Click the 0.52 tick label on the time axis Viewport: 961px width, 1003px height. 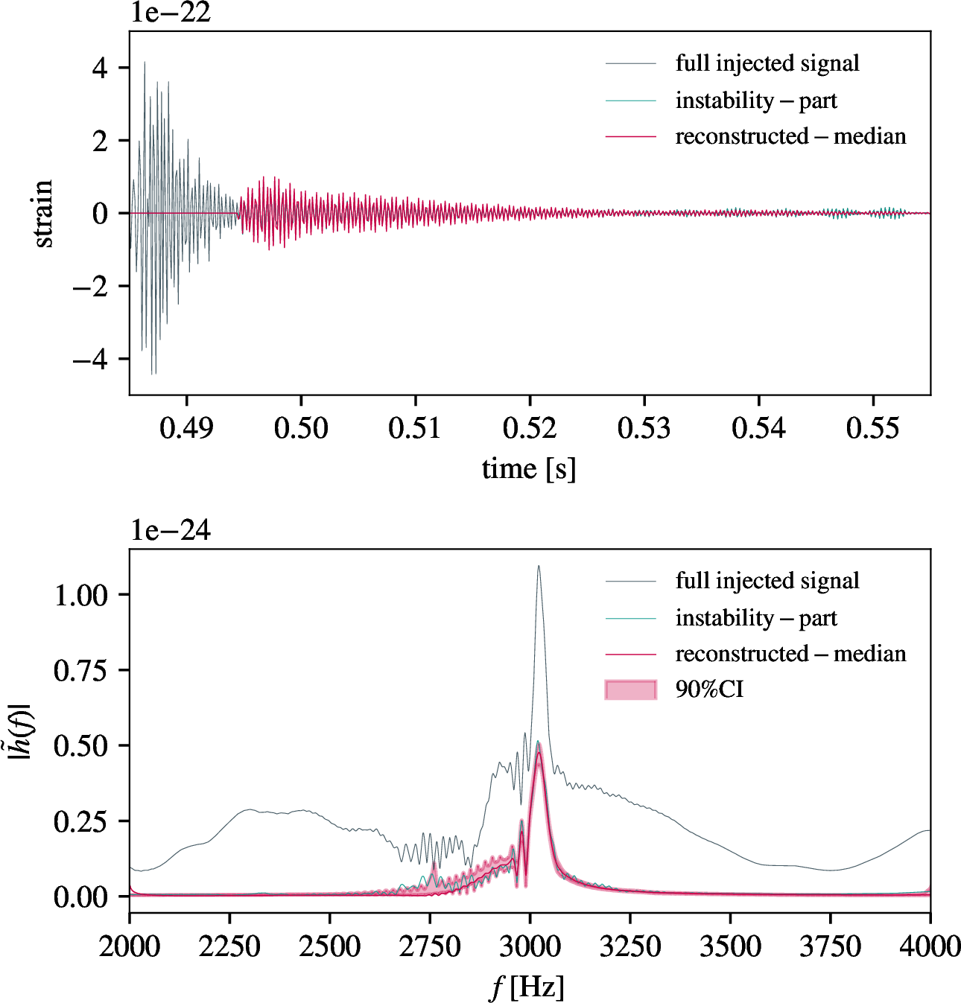530,429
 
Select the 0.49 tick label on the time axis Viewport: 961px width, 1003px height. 186,429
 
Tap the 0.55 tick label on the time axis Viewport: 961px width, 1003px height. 873,429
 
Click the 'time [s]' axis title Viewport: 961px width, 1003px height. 529,469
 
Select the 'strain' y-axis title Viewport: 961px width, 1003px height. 43,213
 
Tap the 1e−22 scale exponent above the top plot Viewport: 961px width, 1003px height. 171,13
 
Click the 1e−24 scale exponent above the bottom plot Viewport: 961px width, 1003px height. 171,530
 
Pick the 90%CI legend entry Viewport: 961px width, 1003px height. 709,690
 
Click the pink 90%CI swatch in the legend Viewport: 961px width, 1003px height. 631,690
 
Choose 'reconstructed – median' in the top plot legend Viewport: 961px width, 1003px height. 790,136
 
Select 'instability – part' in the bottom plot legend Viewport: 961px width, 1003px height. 756,618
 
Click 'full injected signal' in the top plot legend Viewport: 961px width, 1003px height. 767,63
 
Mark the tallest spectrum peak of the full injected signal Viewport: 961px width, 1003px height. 539,567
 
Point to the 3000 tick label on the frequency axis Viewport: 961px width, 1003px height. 530,947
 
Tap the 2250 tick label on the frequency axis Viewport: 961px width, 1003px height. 229,947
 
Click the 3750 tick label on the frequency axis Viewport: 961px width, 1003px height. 830,947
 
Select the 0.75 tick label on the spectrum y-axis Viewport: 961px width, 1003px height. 80,671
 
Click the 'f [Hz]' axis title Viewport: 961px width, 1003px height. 527,987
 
